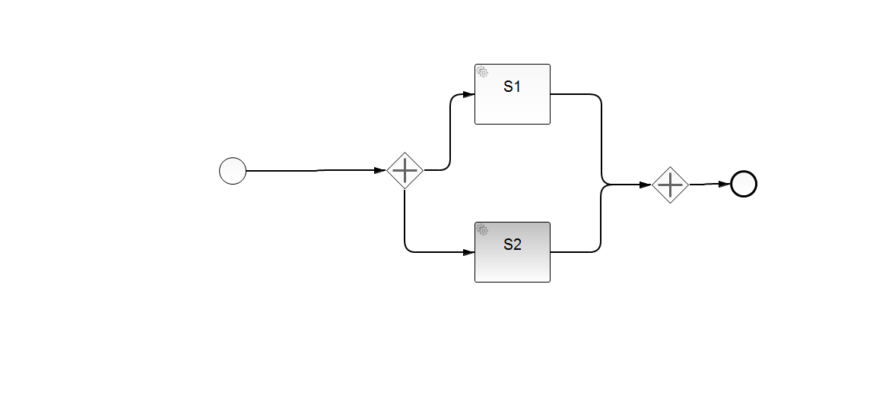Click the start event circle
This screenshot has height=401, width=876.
233,171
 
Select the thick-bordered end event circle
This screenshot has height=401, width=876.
744,184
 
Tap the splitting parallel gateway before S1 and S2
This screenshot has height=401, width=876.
405,171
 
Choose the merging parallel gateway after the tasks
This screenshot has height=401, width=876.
670,185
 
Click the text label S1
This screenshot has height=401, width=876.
513,87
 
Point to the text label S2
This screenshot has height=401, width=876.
513,245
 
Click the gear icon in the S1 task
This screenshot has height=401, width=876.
482,72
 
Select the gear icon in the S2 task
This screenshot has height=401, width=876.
482,229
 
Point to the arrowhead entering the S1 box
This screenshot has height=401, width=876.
468,94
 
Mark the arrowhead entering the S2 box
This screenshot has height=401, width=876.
468,252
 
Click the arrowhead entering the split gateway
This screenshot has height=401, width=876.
380,171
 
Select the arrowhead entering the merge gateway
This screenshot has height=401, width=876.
646,185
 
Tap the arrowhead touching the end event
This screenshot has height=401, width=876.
724,184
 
